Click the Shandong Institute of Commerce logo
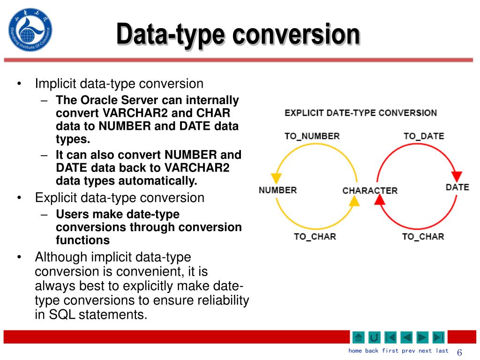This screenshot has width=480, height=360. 30,30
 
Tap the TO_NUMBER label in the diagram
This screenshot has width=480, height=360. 312,136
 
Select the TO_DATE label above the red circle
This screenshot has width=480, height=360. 423,136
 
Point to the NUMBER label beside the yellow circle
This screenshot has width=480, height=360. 277,190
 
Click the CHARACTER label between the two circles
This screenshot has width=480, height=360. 370,191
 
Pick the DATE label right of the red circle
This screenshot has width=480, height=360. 457,187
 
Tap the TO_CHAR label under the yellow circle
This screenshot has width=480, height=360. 315,236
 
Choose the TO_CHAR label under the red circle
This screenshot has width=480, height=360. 423,236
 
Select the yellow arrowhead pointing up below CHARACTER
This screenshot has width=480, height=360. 354,201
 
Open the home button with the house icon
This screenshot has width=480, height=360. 358,337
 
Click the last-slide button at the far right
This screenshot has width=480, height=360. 438,337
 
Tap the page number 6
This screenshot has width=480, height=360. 459,352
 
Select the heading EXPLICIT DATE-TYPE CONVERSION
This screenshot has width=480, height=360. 360,113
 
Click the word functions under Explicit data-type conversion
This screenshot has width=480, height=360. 82,240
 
